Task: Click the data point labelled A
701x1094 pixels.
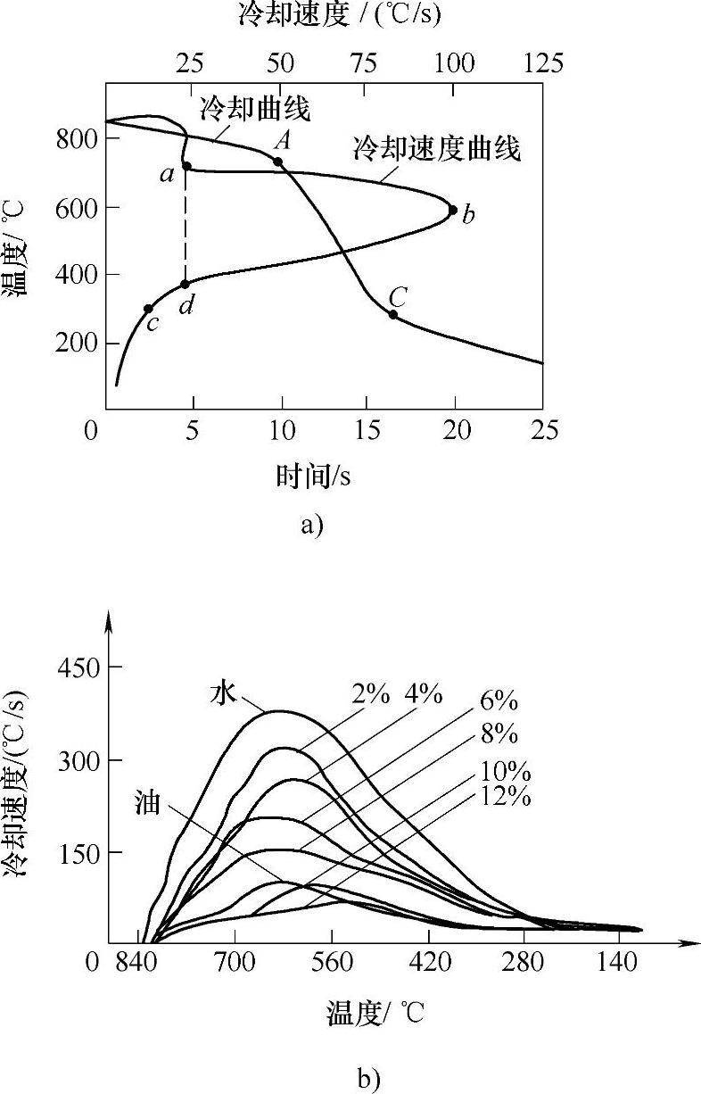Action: (x=277, y=162)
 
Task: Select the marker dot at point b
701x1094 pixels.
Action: (x=452, y=211)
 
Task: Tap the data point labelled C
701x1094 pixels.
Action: (x=393, y=314)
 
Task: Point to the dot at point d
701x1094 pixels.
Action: (x=186, y=284)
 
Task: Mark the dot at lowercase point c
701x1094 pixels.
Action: (x=148, y=309)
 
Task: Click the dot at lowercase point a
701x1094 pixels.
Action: (x=186, y=166)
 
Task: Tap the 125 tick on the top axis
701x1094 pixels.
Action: (x=543, y=63)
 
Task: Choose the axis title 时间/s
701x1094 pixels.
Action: (x=313, y=477)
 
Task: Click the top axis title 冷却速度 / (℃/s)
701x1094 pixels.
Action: (x=339, y=14)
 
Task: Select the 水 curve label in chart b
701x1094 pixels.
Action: (x=223, y=692)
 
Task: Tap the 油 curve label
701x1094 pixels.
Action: (x=147, y=802)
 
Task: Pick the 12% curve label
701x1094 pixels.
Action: (x=506, y=796)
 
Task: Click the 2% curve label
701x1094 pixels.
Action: (x=370, y=693)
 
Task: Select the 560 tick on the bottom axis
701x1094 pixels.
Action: (x=332, y=966)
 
